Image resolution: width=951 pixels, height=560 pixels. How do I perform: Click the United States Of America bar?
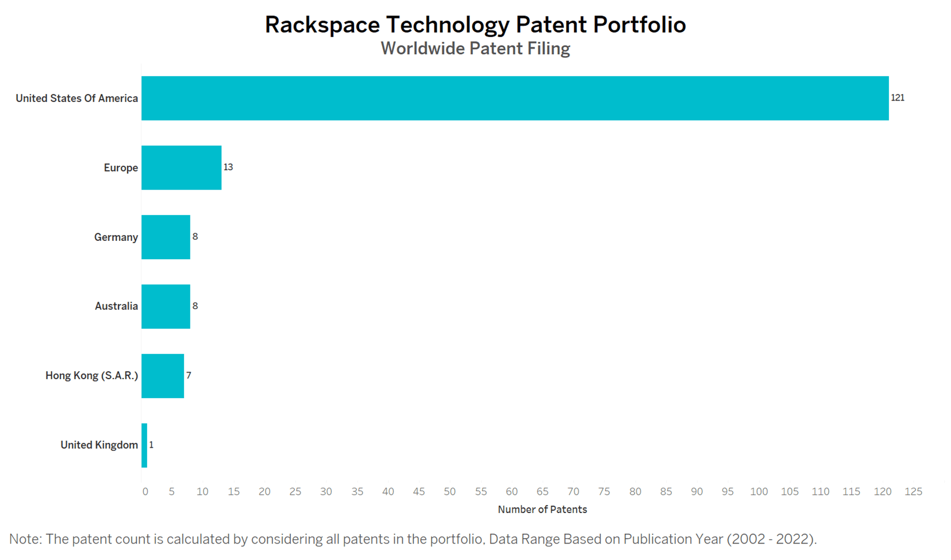pyautogui.click(x=515, y=98)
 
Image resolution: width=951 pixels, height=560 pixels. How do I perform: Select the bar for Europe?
pyautogui.click(x=181, y=168)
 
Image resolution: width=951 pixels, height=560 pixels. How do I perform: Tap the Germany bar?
pyautogui.click(x=166, y=237)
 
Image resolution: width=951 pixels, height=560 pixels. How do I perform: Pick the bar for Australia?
pyautogui.click(x=166, y=307)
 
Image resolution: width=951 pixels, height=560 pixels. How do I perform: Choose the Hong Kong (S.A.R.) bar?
pyautogui.click(x=163, y=376)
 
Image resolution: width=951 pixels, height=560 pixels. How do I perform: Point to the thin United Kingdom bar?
pyautogui.click(x=144, y=446)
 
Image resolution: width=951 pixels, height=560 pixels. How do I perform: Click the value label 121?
pyautogui.click(x=897, y=98)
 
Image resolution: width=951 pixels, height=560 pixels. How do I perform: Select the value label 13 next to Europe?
pyautogui.click(x=228, y=167)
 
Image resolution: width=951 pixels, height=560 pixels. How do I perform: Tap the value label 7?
pyautogui.click(x=189, y=375)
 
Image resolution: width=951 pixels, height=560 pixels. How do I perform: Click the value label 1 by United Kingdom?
pyautogui.click(x=151, y=445)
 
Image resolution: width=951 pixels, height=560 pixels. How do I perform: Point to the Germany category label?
pyautogui.click(x=116, y=237)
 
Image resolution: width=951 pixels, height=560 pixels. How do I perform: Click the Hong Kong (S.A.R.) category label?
pyautogui.click(x=92, y=376)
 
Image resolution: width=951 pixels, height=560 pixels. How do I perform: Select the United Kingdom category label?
pyautogui.click(x=99, y=445)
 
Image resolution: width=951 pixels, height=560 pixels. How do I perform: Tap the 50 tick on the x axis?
pyautogui.click(x=450, y=492)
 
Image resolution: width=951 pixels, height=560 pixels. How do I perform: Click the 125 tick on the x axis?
pyautogui.click(x=913, y=492)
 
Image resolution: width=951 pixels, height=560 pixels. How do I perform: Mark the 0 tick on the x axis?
pyautogui.click(x=145, y=492)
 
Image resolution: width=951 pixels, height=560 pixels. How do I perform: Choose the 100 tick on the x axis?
pyautogui.click(x=759, y=492)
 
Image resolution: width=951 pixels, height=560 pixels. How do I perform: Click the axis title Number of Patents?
pyautogui.click(x=542, y=510)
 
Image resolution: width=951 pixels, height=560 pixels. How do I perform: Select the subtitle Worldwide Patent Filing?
pyautogui.click(x=475, y=49)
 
